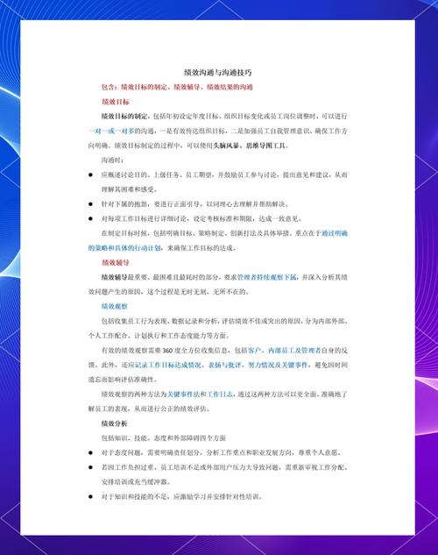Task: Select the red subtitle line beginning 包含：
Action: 177,87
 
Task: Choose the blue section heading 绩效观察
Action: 115,306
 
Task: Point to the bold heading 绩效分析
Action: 116,423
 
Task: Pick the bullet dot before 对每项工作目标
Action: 91,218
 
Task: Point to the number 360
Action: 181,350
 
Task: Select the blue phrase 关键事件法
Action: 184,394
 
